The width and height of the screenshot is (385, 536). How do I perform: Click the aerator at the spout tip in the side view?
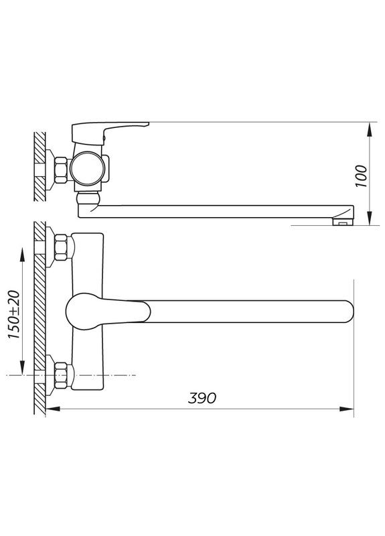(342, 220)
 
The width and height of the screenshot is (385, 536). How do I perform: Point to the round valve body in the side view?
(86, 169)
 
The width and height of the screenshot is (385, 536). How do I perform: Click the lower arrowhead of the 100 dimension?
(370, 220)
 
